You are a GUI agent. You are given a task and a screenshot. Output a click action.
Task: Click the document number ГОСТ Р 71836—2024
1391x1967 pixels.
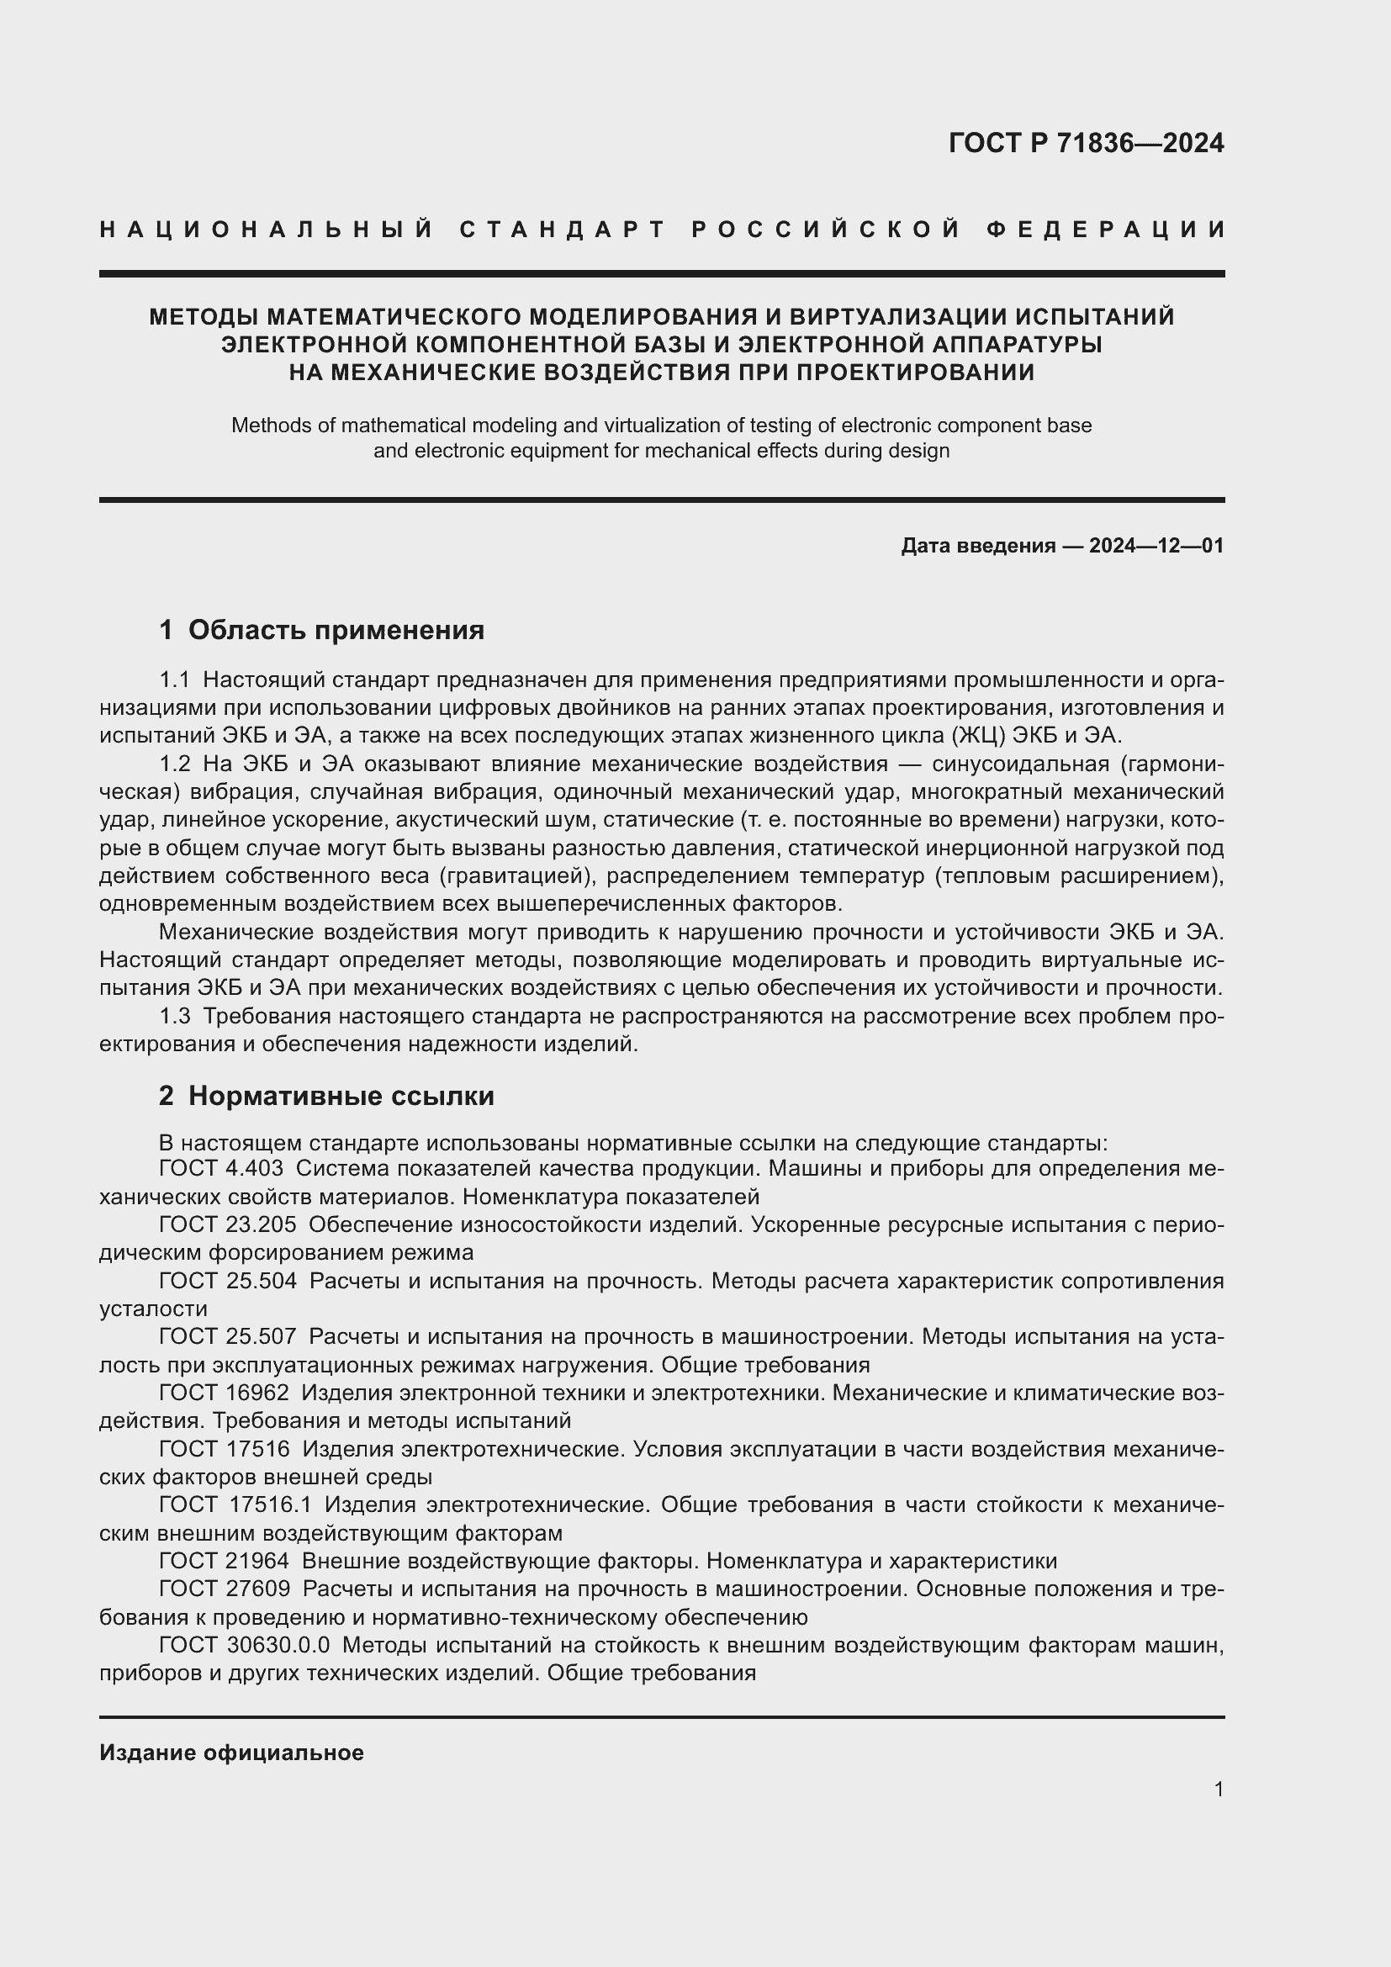click(x=1086, y=143)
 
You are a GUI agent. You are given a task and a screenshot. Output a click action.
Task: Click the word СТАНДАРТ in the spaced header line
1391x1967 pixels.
click(x=563, y=230)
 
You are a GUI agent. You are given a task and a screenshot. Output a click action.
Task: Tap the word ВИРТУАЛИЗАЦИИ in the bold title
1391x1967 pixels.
click(x=896, y=317)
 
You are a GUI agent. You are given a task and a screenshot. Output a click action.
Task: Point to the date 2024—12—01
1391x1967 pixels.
click(x=1156, y=546)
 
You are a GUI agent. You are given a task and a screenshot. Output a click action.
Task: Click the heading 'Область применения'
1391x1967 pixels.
click(x=336, y=631)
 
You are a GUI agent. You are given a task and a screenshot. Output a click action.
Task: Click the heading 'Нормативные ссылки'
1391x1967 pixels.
click(x=341, y=1096)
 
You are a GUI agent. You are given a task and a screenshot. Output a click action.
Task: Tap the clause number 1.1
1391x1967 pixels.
click(x=174, y=680)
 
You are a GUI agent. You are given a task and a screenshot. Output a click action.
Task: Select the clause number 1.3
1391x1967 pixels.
click(x=174, y=1017)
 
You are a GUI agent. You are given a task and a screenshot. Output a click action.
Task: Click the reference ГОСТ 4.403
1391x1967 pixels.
click(x=221, y=1169)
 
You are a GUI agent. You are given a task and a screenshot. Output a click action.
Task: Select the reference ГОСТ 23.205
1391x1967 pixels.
click(x=227, y=1225)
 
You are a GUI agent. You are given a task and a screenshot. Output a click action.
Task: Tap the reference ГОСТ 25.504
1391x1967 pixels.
click(x=227, y=1281)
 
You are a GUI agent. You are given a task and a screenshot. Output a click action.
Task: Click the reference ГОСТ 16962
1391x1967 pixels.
click(x=224, y=1393)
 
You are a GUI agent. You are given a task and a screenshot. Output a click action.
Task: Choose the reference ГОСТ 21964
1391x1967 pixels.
click(x=224, y=1561)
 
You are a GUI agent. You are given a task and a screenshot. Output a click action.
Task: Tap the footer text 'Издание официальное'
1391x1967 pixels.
click(x=231, y=1753)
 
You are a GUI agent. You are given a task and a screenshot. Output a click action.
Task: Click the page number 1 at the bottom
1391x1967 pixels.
click(x=1218, y=1789)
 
